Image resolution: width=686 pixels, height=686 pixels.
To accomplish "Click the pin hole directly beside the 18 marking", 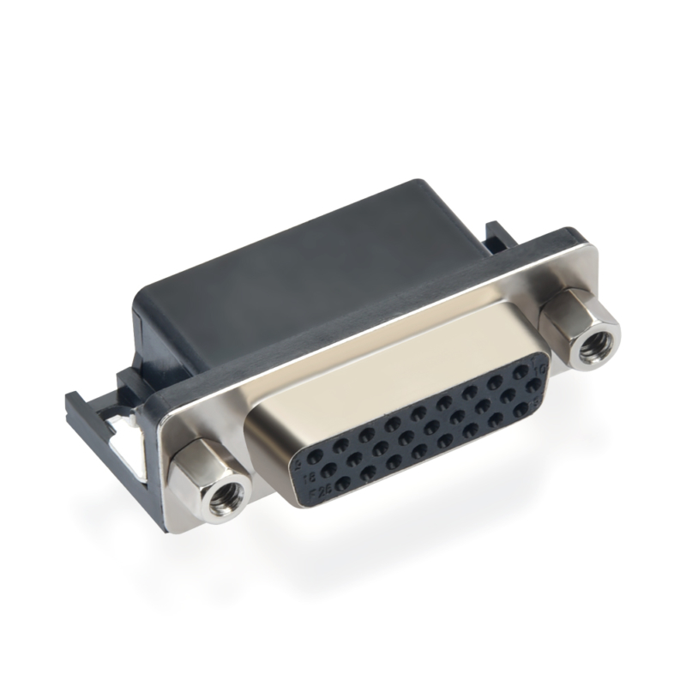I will click(328, 470).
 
